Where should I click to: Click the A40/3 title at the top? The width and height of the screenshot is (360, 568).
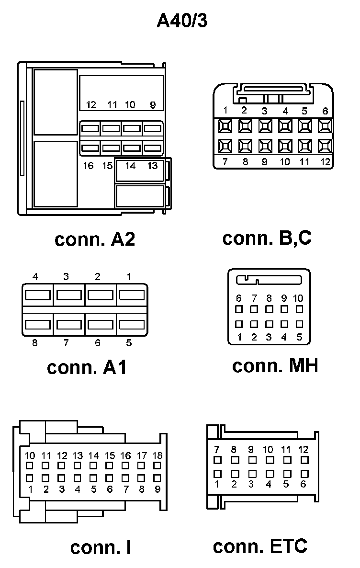pos(182,22)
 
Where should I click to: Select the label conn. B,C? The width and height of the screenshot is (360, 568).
pos(267,238)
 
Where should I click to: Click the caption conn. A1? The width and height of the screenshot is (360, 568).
pos(87,367)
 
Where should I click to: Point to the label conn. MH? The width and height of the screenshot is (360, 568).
pos(275,366)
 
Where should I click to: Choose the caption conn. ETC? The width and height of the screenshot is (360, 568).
pos(260,546)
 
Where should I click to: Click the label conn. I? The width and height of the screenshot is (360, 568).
pos(101,547)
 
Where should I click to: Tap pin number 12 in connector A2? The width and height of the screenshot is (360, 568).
pos(91,105)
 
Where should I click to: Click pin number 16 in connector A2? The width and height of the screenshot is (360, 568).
pos(88,166)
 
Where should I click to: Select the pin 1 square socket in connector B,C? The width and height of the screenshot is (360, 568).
pos(225,126)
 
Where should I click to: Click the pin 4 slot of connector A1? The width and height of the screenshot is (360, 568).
pos(38,295)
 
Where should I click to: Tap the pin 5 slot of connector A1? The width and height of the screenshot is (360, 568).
pos(132,324)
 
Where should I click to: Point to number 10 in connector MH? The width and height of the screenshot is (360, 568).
pos(298,298)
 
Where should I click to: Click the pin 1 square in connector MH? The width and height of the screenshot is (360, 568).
pos(239,324)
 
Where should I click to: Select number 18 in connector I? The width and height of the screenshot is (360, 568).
pos(157,455)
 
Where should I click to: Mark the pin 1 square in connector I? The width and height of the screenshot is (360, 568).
pos(30,477)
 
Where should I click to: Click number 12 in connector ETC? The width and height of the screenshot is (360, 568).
pos(304,449)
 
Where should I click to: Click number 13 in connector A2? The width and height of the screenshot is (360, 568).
pos(152,166)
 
